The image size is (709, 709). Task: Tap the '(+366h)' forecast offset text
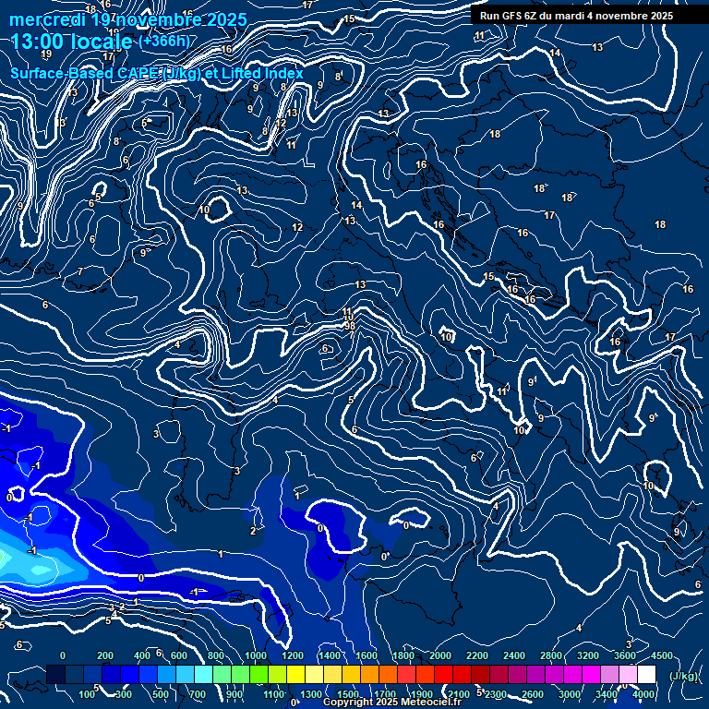[x=165, y=41]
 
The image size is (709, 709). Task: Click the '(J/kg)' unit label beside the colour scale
[x=683, y=677]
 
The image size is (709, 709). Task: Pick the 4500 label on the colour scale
[x=660, y=655]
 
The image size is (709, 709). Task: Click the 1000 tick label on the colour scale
[x=256, y=655]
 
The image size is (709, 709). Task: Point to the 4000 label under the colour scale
[x=643, y=694]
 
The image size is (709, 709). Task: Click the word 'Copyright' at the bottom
[x=349, y=703]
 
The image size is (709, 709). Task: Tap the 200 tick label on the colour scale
[x=104, y=655]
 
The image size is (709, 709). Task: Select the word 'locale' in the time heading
[x=103, y=42]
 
